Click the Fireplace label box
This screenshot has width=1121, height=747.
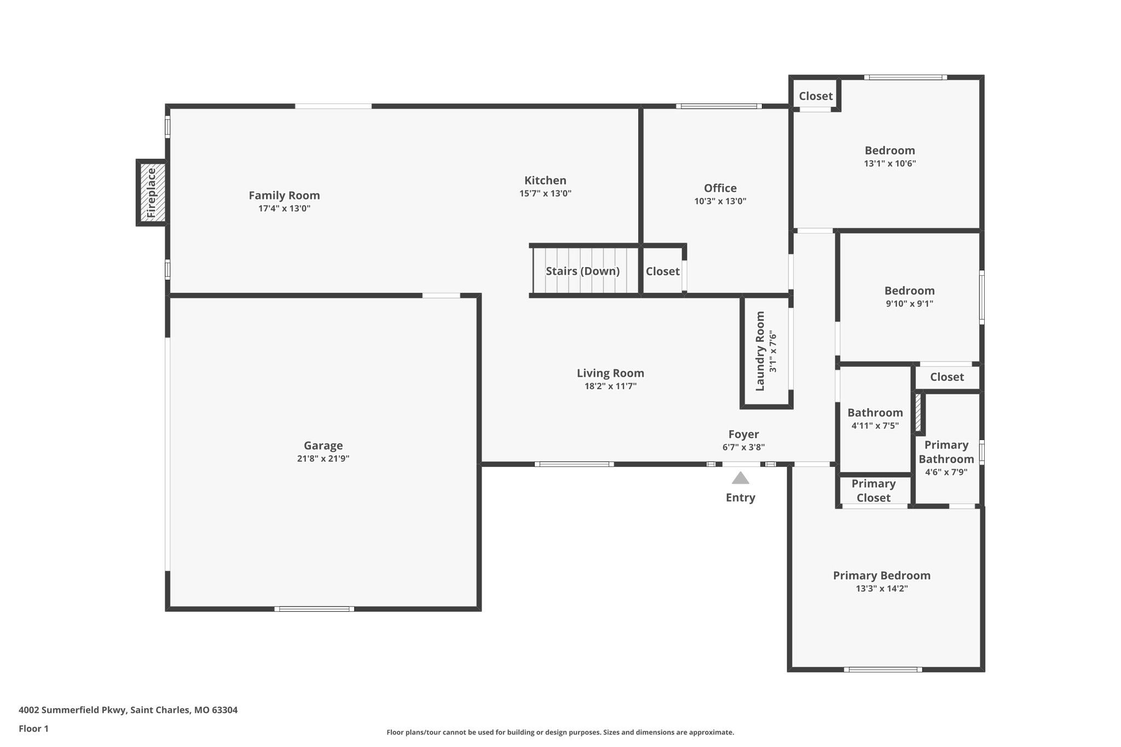coord(152,193)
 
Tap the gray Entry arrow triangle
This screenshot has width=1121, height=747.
coord(740,479)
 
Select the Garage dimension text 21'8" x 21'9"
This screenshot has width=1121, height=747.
coord(323,459)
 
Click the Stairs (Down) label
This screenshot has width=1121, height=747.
coord(582,271)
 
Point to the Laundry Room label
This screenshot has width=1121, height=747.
coord(760,351)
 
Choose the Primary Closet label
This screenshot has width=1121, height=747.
coord(873,490)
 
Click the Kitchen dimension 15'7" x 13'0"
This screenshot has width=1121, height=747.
coord(545,193)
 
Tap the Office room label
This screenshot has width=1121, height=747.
coord(720,188)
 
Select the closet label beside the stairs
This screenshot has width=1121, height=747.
coord(662,271)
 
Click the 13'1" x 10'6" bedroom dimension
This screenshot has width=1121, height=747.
coord(889,163)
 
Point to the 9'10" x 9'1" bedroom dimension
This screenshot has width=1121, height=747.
coord(909,304)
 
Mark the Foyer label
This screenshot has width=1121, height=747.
coord(743,434)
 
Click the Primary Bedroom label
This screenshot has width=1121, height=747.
coord(881,575)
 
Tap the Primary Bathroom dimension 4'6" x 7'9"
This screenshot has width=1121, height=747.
coord(946,472)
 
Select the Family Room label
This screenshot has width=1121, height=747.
coord(284,195)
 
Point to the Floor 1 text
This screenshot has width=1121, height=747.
coord(33,728)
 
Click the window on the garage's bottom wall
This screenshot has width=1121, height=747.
coord(314,609)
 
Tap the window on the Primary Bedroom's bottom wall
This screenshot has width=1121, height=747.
coord(882,669)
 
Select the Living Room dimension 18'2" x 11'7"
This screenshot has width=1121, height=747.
coord(610,386)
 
